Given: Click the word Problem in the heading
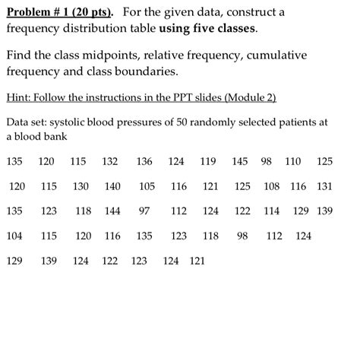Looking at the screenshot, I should (x=33, y=13).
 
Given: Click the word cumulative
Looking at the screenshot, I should (x=298, y=55).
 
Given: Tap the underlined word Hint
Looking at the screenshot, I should (x=17, y=97).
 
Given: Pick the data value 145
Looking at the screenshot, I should (x=240, y=161).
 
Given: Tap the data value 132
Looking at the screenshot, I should (x=109, y=161).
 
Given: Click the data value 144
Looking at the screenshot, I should (x=112, y=211).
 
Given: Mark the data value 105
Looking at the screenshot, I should (x=147, y=186).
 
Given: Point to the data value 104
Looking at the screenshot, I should (x=14, y=236).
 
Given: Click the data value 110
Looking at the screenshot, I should (x=292, y=161).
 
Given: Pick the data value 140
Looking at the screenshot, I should (x=112, y=186).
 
